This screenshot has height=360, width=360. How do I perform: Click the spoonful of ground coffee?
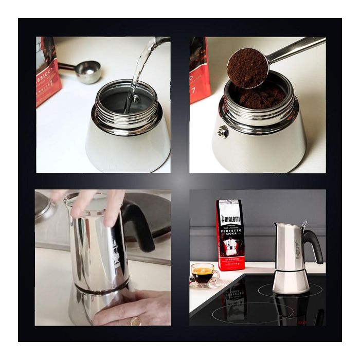coord(247,67)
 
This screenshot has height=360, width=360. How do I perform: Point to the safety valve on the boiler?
coord(223,132)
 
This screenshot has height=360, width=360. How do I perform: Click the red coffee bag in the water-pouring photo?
coord(47,72)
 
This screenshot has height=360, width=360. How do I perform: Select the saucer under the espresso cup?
coord(206,284)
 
